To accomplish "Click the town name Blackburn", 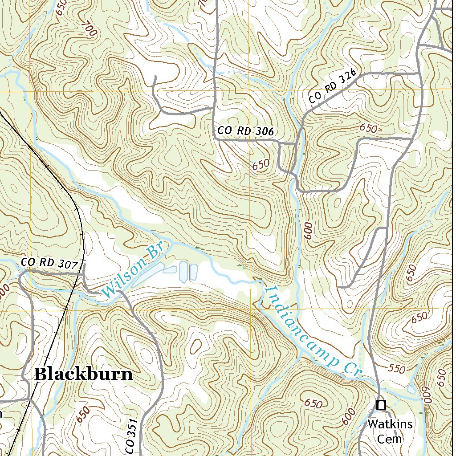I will click(x=83, y=374).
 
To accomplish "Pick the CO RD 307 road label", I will click(x=49, y=263).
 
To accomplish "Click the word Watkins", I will click(x=390, y=424).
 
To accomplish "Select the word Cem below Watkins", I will click(x=390, y=439).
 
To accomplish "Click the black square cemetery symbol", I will click(x=381, y=405).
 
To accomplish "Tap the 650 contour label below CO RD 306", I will click(x=261, y=164).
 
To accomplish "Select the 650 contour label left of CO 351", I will click(x=83, y=415).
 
